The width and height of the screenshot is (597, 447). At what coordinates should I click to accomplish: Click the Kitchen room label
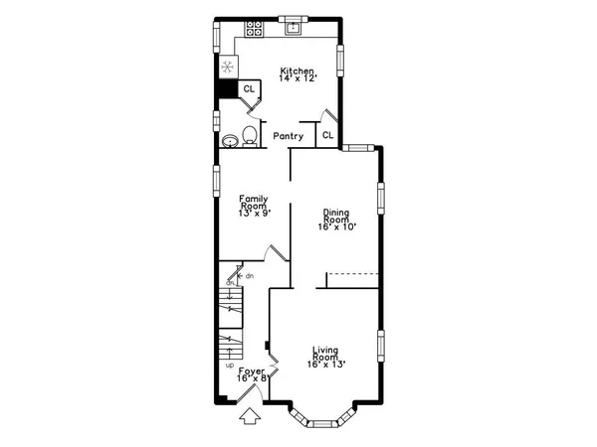pyautogui.click(x=298, y=71)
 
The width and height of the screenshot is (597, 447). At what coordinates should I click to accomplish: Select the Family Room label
pyautogui.click(x=254, y=203)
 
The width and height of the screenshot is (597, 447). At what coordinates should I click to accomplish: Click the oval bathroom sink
pyautogui.click(x=230, y=140)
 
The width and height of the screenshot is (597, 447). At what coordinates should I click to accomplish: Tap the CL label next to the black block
pyautogui.click(x=249, y=89)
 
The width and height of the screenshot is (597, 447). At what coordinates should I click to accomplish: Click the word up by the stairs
pyautogui.click(x=228, y=365)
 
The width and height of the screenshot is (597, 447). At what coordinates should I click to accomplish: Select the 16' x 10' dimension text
pyautogui.click(x=338, y=226)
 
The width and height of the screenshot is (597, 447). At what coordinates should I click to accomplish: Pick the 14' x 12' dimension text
pyautogui.click(x=298, y=77)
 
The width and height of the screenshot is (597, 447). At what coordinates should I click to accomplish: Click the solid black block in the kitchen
pyautogui.click(x=228, y=89)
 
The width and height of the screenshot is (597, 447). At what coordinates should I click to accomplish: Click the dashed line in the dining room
pyautogui.click(x=354, y=272)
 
